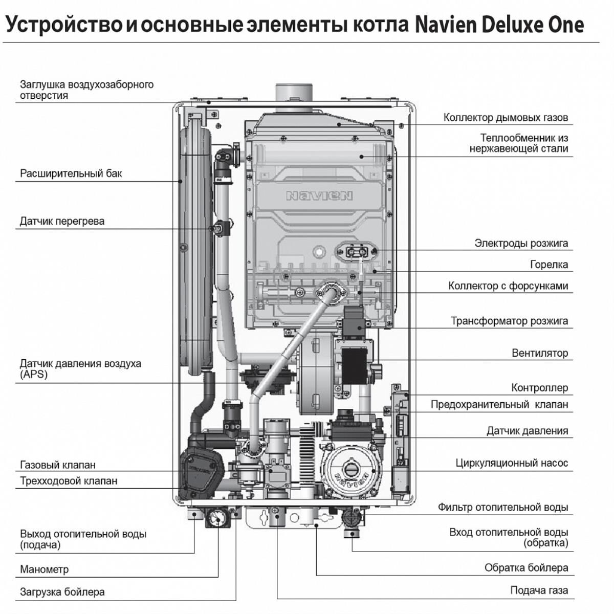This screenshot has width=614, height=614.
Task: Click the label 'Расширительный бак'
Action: click(71, 173)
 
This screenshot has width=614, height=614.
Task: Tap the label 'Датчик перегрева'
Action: click(62, 221)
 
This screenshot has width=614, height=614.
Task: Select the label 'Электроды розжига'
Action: click(521, 243)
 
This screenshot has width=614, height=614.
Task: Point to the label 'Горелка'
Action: click(549, 265)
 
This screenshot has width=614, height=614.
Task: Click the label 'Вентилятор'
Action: click(539, 353)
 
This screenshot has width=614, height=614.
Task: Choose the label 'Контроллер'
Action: click(539, 388)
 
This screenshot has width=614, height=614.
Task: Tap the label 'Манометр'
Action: click(44, 569)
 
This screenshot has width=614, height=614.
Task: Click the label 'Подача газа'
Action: click(539, 590)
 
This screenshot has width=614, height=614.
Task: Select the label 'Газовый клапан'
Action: click(58, 465)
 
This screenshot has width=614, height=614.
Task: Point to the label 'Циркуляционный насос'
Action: click(512, 463)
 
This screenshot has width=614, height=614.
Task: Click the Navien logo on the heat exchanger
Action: click(319, 196)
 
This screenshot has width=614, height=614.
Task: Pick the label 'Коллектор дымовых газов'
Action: click(506, 118)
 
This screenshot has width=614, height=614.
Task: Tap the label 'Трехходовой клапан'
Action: click(69, 481)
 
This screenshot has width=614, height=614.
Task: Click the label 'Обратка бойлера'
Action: click(526, 568)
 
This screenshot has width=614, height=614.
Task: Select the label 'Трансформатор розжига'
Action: click(509, 321)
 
